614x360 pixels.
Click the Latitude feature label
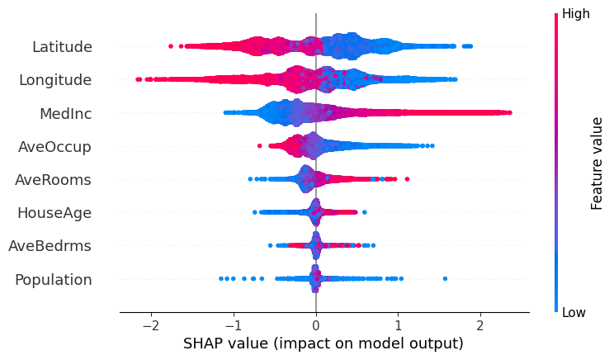[62, 47]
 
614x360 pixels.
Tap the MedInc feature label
[65, 113]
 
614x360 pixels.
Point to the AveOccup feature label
[55, 146]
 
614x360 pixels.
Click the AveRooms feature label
[54, 179]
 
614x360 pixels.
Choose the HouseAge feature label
[54, 213]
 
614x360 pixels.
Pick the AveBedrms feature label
[50, 246]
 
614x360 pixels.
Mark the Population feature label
[54, 279]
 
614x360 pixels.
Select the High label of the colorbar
[575, 13]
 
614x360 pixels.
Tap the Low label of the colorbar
[574, 313]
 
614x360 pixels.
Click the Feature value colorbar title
[597, 163]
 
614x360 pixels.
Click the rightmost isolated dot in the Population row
[445, 278]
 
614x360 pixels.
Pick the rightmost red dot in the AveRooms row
[407, 179]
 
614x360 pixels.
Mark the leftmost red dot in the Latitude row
[171, 46]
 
